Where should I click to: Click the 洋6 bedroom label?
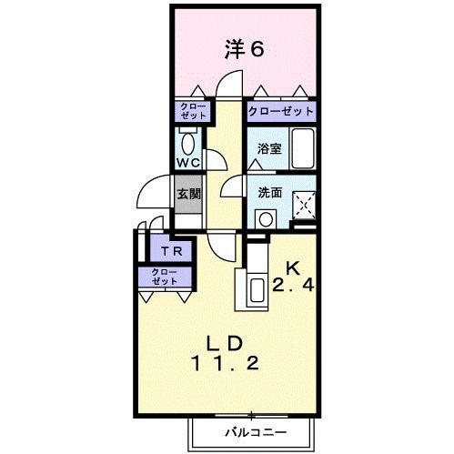(245, 50)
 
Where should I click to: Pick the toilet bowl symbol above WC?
(188, 142)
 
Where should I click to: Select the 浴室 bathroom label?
(267, 147)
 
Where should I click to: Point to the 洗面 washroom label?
(268, 193)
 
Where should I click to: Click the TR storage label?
(169, 251)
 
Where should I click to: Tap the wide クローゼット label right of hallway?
(281, 112)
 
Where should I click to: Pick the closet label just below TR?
(165, 277)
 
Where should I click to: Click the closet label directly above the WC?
(192, 111)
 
